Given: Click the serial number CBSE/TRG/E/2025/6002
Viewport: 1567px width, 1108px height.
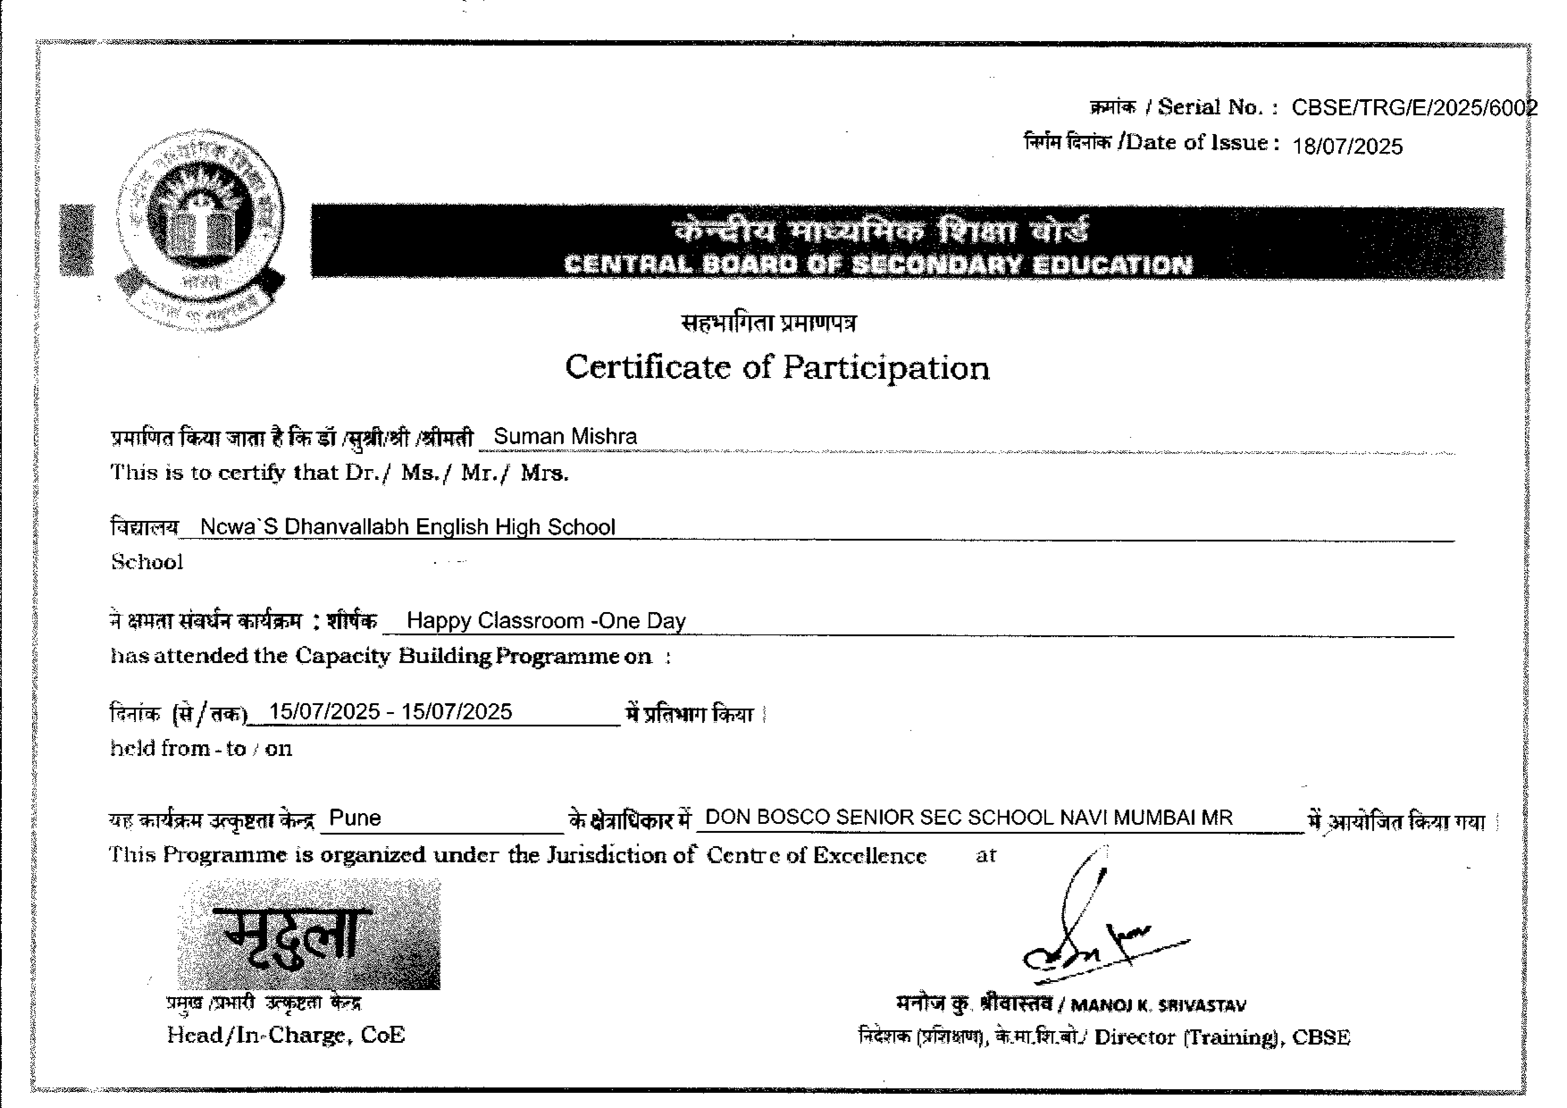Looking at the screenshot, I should [1413, 108].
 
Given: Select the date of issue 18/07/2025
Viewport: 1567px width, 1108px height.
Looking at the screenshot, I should [1347, 147].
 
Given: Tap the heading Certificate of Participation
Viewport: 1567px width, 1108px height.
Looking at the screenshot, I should [777, 368].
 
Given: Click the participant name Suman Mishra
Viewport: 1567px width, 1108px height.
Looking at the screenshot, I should [565, 436].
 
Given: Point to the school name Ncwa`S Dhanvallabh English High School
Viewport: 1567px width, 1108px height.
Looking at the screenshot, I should [408, 527].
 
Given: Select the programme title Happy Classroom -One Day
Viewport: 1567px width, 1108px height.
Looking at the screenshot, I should [546, 621].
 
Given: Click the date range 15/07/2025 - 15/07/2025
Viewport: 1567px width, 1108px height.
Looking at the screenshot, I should [391, 712].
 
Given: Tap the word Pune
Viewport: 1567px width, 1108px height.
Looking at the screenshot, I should [355, 817].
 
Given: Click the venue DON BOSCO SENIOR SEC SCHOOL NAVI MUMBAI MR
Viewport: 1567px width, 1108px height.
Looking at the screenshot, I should [968, 817].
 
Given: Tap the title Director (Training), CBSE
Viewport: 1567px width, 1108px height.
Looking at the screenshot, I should [1222, 1037].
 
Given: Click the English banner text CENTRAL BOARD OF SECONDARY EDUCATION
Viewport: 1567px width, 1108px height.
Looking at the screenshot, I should [878, 265].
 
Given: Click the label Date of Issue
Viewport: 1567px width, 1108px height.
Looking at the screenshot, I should [1198, 143].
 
